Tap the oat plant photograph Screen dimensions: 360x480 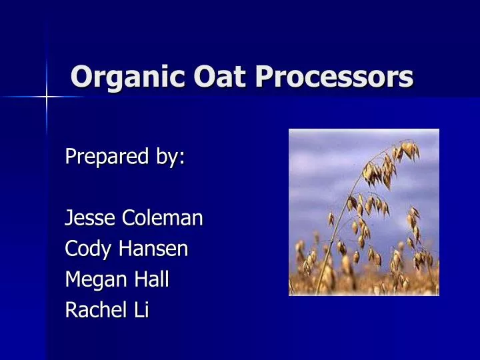point(363,212)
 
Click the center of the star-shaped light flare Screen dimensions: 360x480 point(47,97)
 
